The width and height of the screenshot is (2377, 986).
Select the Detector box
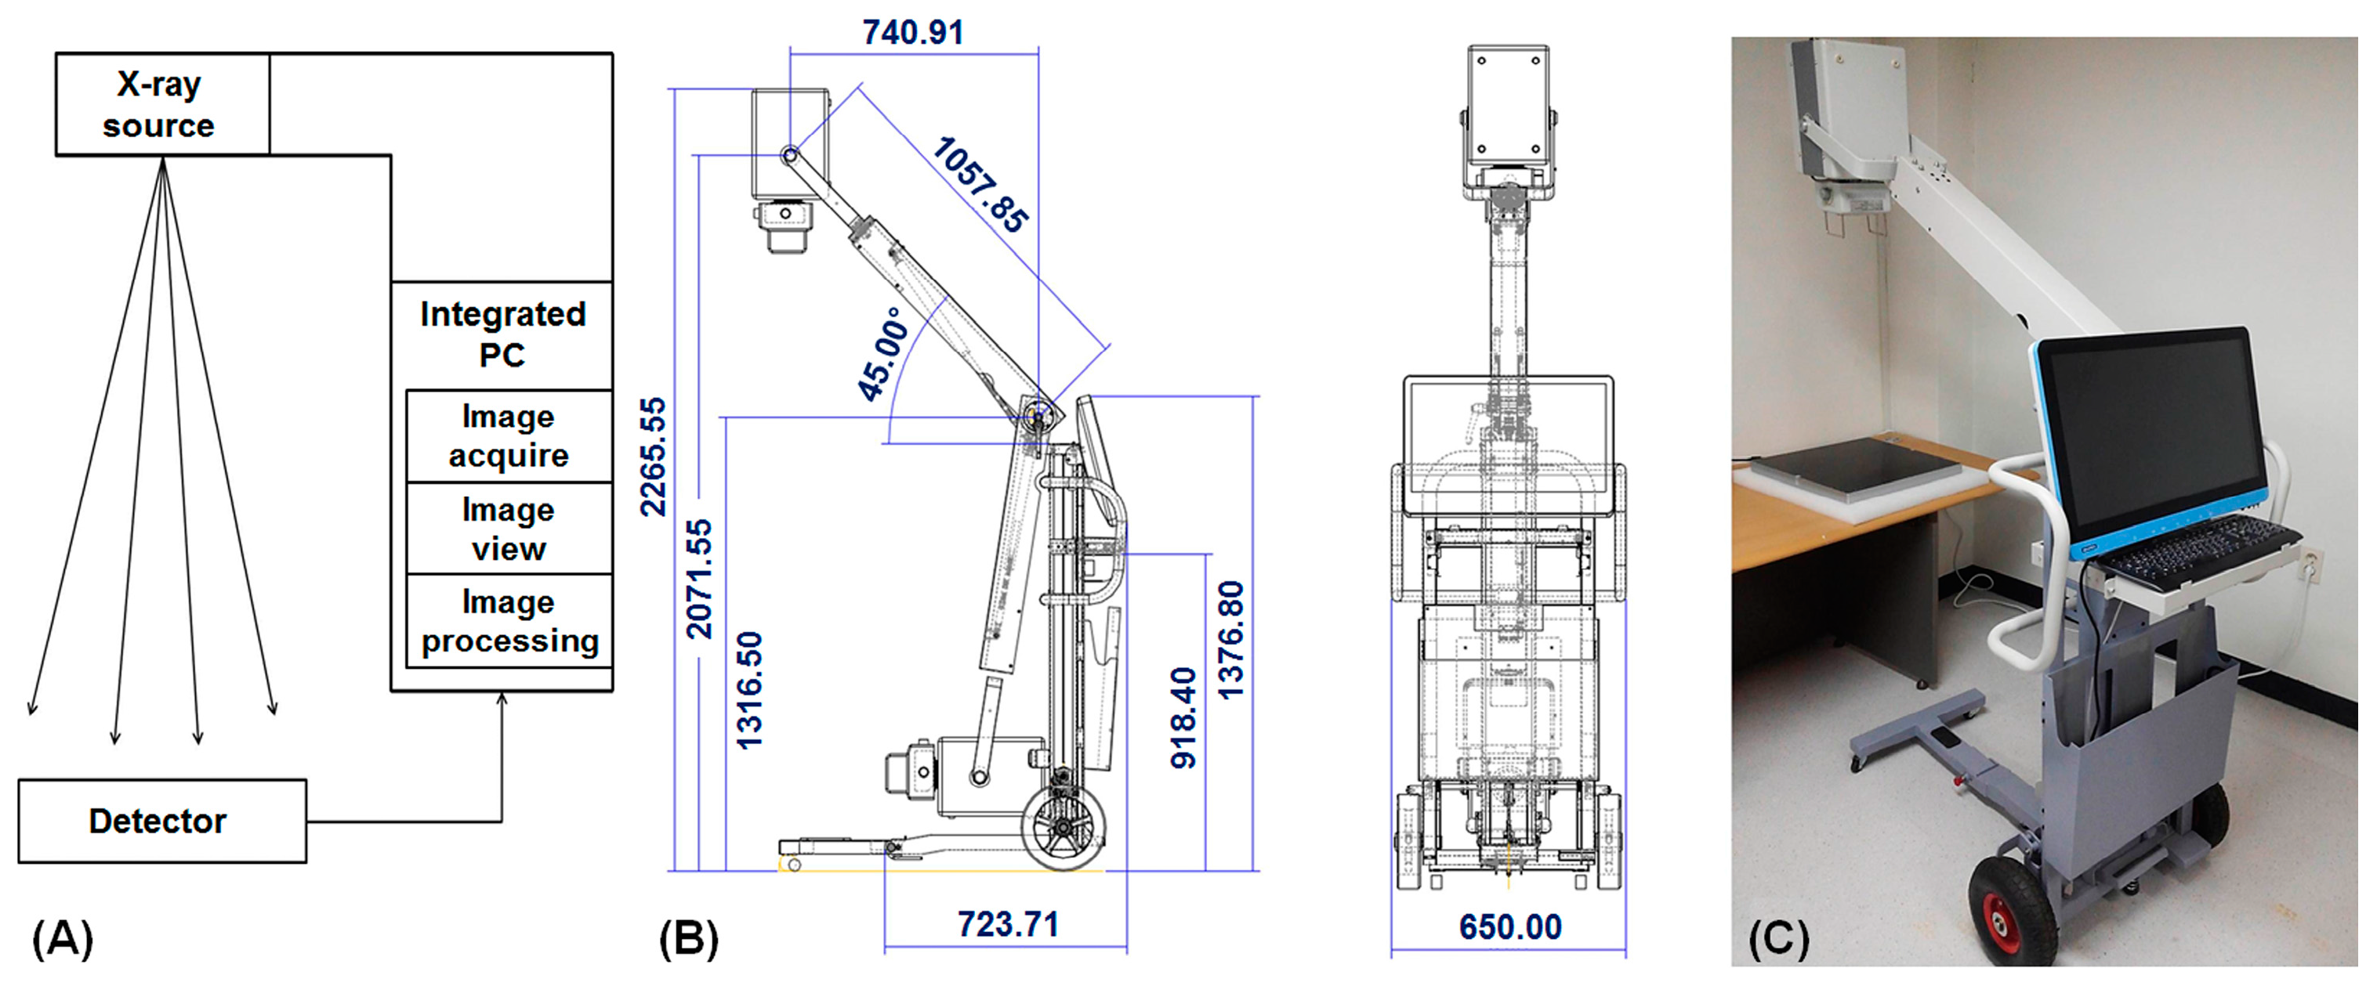(x=161, y=821)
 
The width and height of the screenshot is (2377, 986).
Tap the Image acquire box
(x=509, y=435)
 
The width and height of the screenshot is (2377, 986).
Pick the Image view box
(x=509, y=529)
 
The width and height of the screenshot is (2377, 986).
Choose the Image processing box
(x=509, y=621)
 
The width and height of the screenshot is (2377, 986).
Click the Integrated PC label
(x=502, y=334)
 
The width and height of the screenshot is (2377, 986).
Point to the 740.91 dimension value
(x=912, y=32)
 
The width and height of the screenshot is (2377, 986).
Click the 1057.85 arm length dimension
(x=980, y=185)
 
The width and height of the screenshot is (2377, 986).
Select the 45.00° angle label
(x=883, y=355)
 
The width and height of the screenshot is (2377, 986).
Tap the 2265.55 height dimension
(x=652, y=457)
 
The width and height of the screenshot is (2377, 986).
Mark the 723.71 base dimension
(x=1007, y=924)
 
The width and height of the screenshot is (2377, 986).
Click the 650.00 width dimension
(x=1509, y=927)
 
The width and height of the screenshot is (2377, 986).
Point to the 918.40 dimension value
(x=1183, y=717)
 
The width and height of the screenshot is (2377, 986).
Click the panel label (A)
(x=63, y=939)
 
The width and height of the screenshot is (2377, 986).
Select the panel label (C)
(x=1778, y=939)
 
